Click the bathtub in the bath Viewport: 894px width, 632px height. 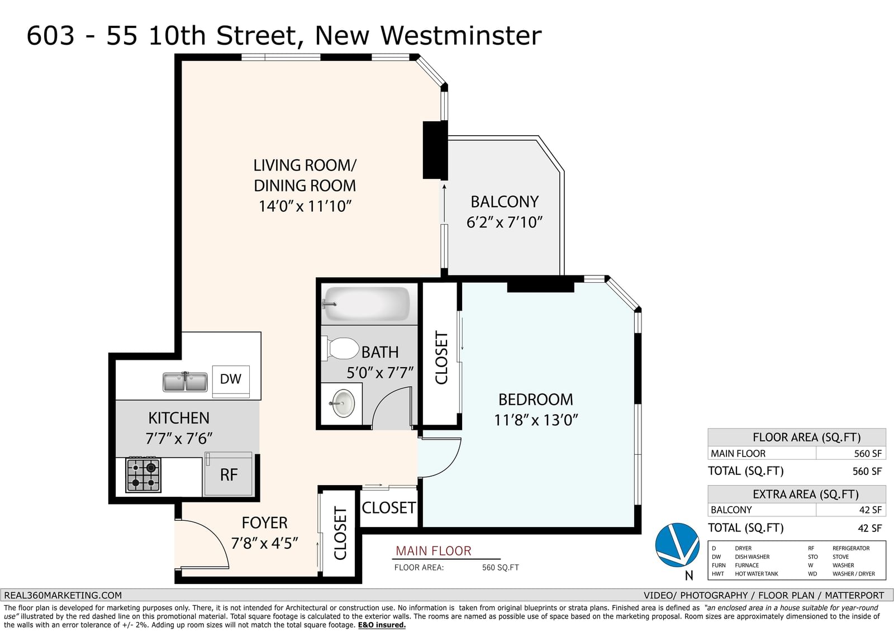pyautogui.click(x=367, y=304)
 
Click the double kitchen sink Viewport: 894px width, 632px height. pyautogui.click(x=185, y=382)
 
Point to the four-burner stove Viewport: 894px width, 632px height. pyautogui.click(x=143, y=474)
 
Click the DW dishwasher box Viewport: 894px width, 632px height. pyautogui.click(x=231, y=381)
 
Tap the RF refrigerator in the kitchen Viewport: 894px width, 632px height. pyautogui.click(x=229, y=474)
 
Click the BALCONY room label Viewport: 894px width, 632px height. pyautogui.click(x=505, y=202)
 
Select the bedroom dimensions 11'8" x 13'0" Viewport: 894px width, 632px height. pyautogui.click(x=536, y=420)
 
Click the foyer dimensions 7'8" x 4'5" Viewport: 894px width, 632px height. pyautogui.click(x=264, y=543)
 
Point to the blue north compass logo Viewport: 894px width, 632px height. pyautogui.click(x=677, y=545)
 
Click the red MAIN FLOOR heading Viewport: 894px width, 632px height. pyautogui.click(x=434, y=551)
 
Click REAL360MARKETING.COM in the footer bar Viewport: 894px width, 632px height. pyautogui.click(x=63, y=595)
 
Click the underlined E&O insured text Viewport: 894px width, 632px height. pyautogui.click(x=382, y=625)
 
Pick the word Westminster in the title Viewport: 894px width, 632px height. pyautogui.click(x=461, y=36)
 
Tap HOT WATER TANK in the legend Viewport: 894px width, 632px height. pyautogui.click(x=757, y=574)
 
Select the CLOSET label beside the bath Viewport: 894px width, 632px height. pyautogui.click(x=441, y=357)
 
